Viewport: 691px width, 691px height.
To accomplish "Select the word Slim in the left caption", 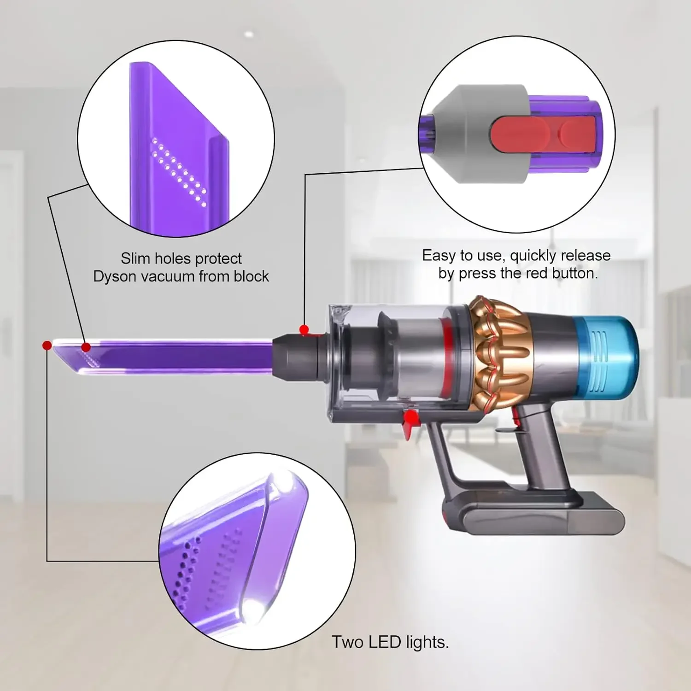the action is pos(135,258).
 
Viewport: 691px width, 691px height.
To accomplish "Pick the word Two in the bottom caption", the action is pos(348,642).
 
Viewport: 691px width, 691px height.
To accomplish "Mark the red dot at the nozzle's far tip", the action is pos(47,345).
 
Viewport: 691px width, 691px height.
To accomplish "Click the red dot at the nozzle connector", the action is pos(304,329).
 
